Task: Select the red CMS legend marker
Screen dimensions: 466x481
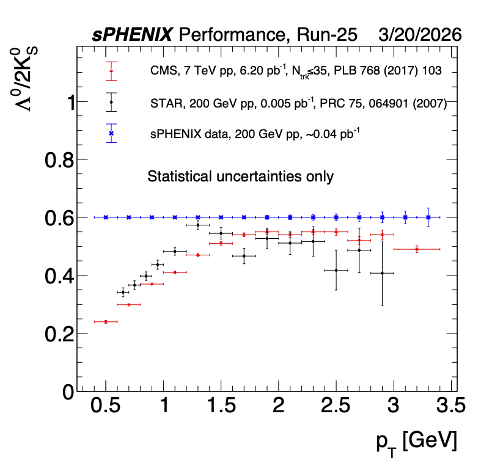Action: click(111, 71)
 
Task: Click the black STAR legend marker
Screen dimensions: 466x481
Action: click(111, 102)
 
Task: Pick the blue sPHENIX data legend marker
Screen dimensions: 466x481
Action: click(111, 133)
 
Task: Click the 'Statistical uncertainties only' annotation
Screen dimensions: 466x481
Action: click(240, 177)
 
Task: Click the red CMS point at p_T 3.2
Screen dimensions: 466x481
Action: click(417, 249)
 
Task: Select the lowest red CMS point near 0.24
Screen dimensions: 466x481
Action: click(106, 321)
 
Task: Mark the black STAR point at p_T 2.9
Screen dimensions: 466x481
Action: click(383, 273)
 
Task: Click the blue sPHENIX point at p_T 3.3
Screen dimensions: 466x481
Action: click(428, 217)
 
